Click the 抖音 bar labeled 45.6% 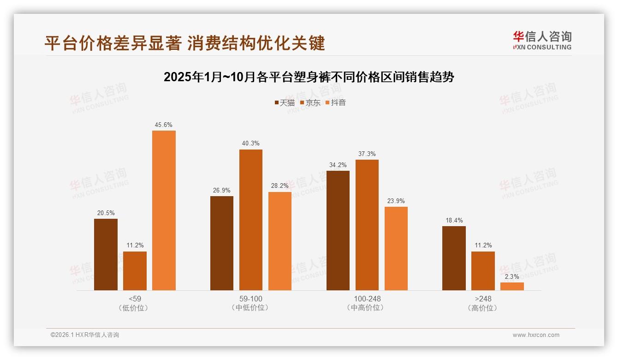pos(164,210)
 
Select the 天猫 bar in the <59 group pos(106,254)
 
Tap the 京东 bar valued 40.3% pos(250,220)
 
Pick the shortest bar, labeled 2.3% pos(512,286)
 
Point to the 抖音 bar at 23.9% pos(396,248)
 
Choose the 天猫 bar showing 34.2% pos(338,230)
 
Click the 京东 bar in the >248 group pos(483,271)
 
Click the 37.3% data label pos(367,154)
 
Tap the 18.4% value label pos(454,220)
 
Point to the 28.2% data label pos(279,186)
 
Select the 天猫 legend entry pos(285,102)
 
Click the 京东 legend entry pos(310,102)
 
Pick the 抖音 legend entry pos(336,102)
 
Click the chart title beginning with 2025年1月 pos(309,77)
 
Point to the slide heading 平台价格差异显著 pos(184,43)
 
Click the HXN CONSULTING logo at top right pos(542,40)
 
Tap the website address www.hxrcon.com pos(535,335)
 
